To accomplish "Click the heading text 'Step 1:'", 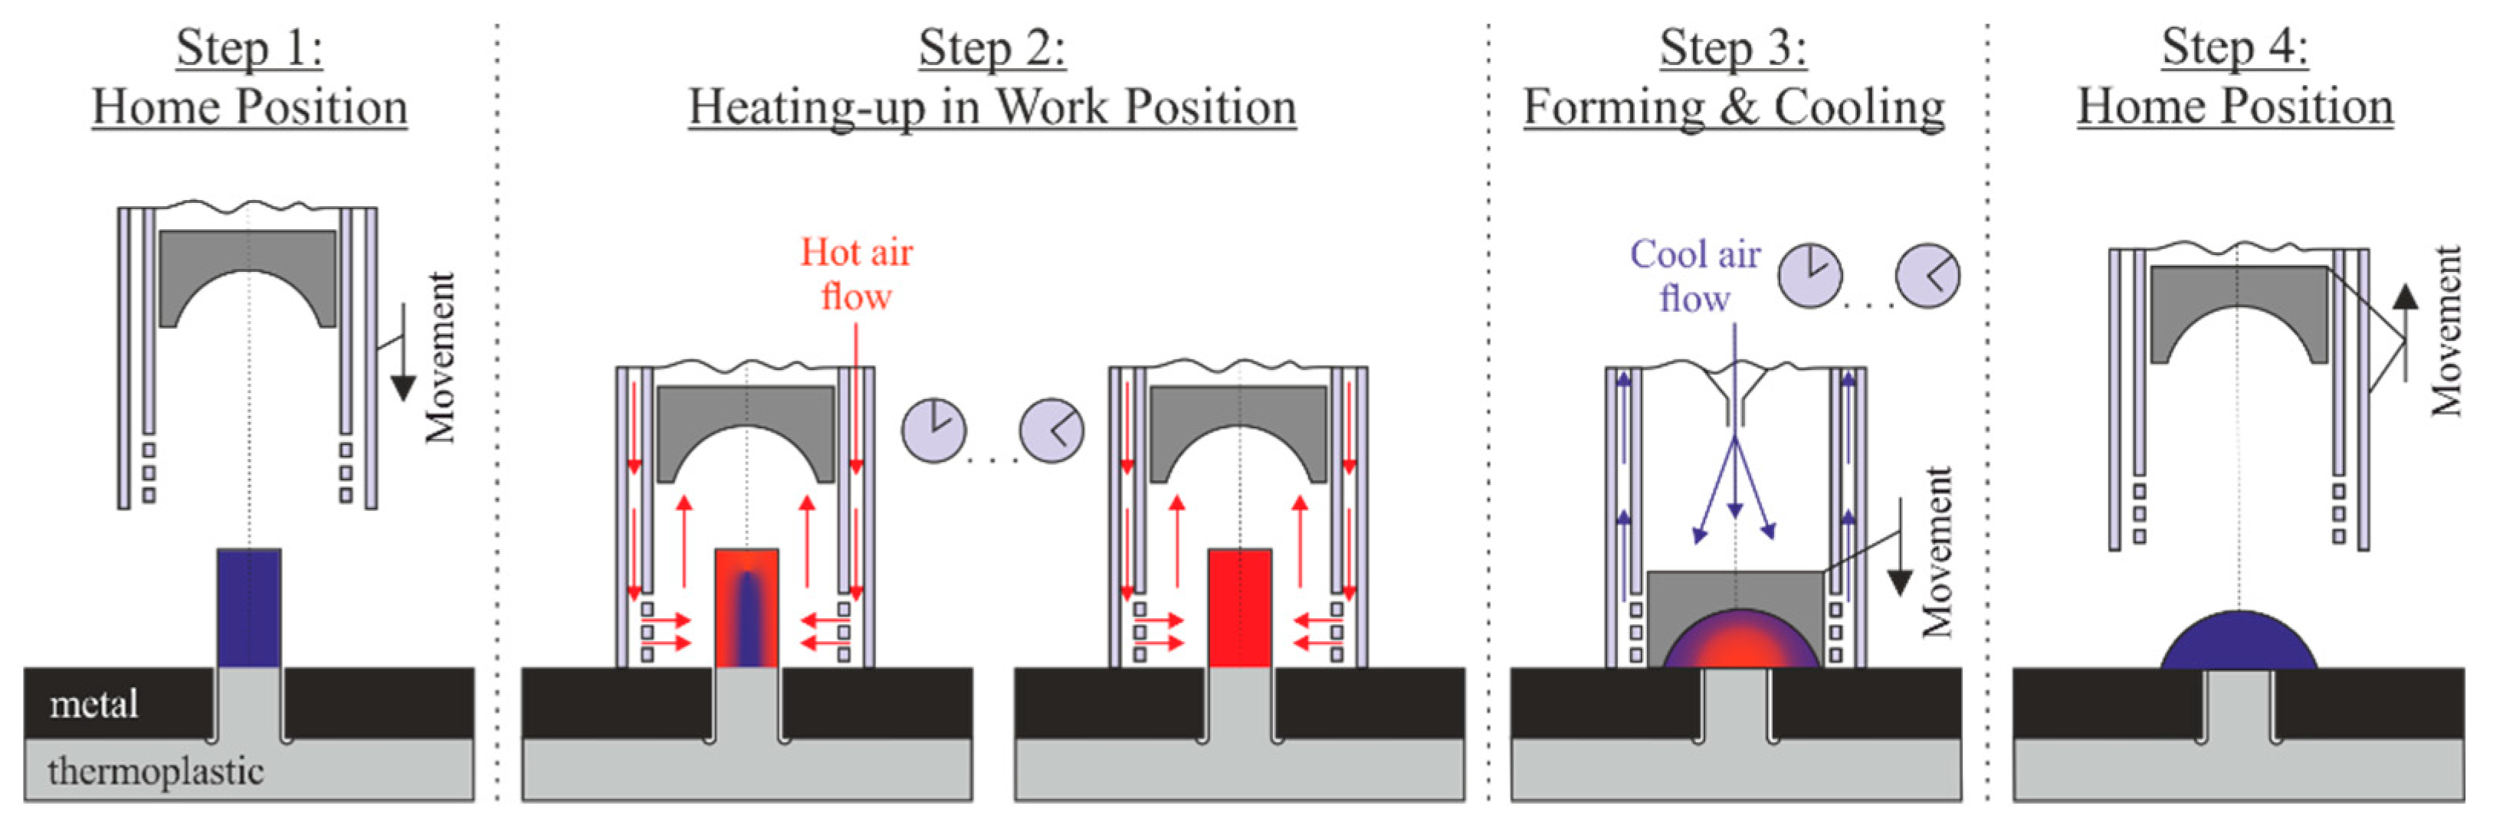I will (x=249, y=48).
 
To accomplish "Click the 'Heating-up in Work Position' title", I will (x=992, y=106).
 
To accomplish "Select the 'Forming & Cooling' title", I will (x=1734, y=106).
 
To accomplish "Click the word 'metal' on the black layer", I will (x=93, y=703).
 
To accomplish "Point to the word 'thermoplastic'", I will (x=155, y=771).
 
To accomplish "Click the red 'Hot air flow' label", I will (x=855, y=274).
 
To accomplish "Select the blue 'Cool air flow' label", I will (x=1694, y=276).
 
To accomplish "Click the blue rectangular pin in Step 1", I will (x=249, y=607).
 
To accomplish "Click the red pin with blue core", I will (x=746, y=607).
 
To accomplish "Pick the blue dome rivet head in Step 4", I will (x=2238, y=644).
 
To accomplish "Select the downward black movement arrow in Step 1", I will (x=402, y=368).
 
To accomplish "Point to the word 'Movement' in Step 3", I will (x=1937, y=552).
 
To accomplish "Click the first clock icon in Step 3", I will (x=1809, y=276).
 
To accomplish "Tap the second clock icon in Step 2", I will (x=1051, y=430).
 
